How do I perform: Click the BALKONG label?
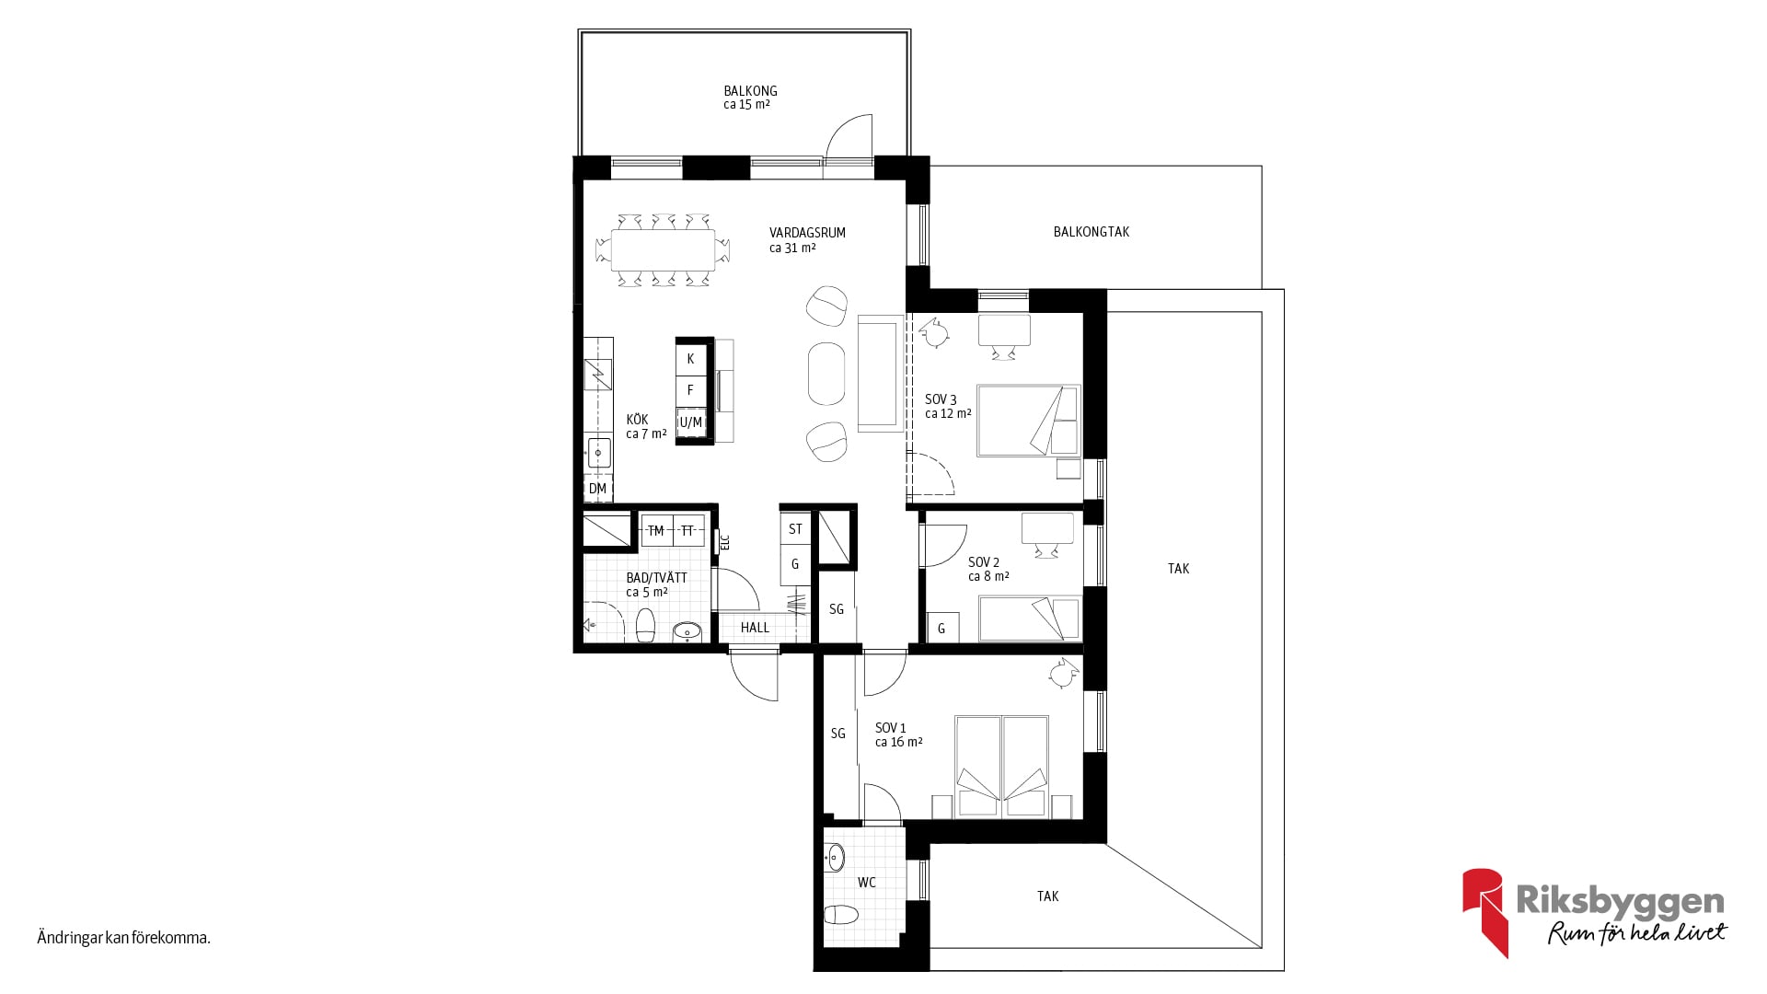click(x=750, y=91)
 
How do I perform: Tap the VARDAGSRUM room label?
click(x=807, y=233)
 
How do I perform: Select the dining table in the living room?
click(x=663, y=249)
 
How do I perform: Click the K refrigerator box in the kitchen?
click(x=690, y=359)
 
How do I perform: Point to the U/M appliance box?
click(x=690, y=422)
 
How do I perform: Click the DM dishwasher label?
click(x=598, y=489)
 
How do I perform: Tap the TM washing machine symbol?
click(x=656, y=531)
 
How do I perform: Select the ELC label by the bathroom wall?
click(x=724, y=542)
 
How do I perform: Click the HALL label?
click(x=755, y=628)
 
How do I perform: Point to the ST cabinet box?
click(x=795, y=529)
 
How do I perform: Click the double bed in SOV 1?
click(x=1002, y=766)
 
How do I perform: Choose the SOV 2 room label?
click(x=984, y=562)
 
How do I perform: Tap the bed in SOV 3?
click(x=1028, y=421)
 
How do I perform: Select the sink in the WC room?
click(x=835, y=858)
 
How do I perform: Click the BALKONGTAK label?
click(x=1091, y=232)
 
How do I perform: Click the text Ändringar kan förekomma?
click(x=124, y=939)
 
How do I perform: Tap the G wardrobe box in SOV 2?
click(x=941, y=628)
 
